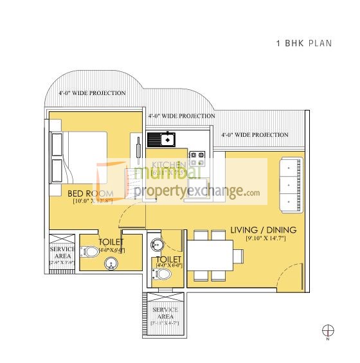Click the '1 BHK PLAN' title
(x=303, y=44)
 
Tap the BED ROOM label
(x=91, y=193)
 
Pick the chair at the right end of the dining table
(x=238, y=256)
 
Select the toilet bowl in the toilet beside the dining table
(x=163, y=274)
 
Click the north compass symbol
(x=328, y=331)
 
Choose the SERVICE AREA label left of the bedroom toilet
(x=62, y=253)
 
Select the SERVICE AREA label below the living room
(x=165, y=314)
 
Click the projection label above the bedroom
(x=92, y=93)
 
